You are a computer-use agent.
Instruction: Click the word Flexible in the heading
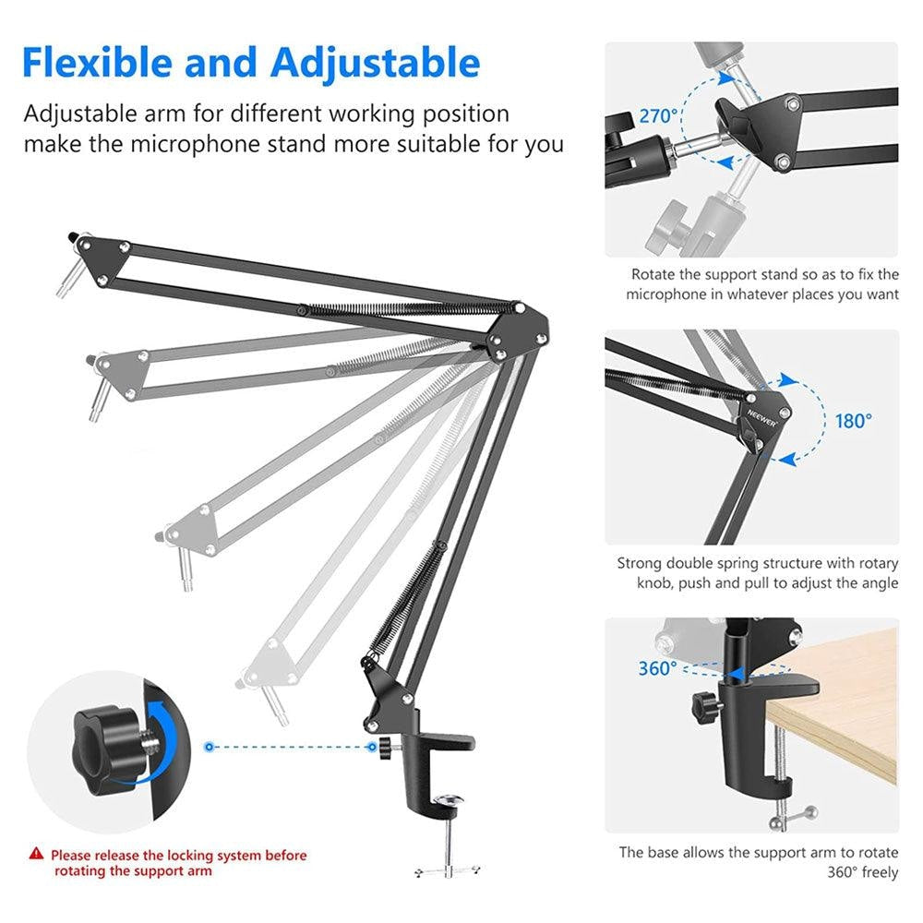tap(96, 63)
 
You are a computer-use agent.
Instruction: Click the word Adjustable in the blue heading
tap(375, 63)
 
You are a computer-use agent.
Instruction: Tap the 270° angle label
tap(659, 117)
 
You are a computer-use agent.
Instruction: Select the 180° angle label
tap(853, 421)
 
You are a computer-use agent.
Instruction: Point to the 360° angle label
tap(657, 668)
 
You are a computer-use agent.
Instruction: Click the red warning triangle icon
tap(36, 856)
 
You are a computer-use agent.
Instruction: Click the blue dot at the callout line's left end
tap(210, 745)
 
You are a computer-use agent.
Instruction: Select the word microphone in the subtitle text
tap(198, 144)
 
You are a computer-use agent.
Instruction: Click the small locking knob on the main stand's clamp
tap(377, 746)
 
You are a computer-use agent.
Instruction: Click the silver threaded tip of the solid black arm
tap(66, 280)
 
